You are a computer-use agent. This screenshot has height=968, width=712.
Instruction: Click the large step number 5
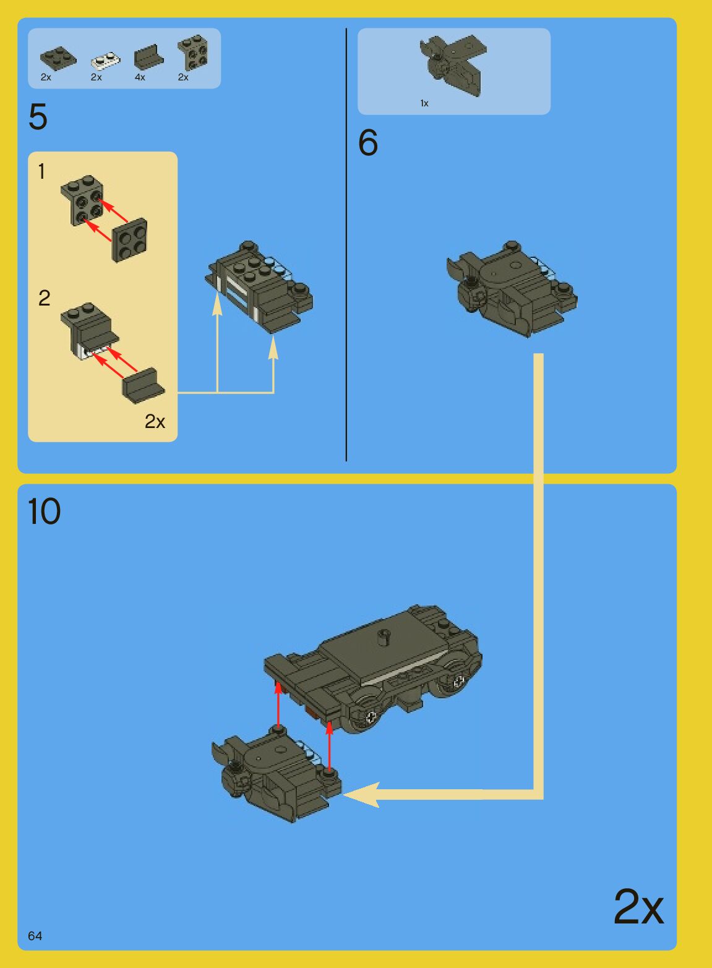pyautogui.click(x=38, y=117)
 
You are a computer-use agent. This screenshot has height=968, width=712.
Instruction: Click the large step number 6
pyautogui.click(x=368, y=142)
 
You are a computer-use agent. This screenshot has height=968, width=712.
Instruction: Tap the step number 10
pyautogui.click(x=44, y=511)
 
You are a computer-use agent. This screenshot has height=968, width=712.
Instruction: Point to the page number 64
pyautogui.click(x=35, y=936)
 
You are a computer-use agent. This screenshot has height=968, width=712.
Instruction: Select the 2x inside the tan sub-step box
pyautogui.click(x=155, y=421)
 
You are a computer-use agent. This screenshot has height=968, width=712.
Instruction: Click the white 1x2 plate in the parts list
pyautogui.click(x=106, y=61)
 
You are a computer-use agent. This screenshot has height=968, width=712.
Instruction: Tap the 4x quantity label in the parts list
pyautogui.click(x=140, y=77)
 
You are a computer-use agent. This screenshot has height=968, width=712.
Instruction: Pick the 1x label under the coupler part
pyautogui.click(x=424, y=103)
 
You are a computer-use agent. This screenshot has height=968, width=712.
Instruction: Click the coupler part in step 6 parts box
pyautogui.click(x=454, y=65)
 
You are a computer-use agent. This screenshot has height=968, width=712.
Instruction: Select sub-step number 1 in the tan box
pyautogui.click(x=41, y=171)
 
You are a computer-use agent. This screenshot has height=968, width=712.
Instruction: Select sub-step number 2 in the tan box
pyautogui.click(x=44, y=298)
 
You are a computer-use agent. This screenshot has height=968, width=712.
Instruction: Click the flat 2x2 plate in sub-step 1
pyautogui.click(x=129, y=240)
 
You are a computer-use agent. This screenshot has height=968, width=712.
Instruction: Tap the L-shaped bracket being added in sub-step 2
pyautogui.click(x=144, y=385)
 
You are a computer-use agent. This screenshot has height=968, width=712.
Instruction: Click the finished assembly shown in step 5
pyautogui.click(x=259, y=287)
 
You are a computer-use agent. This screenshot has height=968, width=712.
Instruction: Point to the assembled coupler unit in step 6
pyautogui.click(x=512, y=289)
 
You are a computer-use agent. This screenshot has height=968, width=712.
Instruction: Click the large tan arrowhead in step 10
pyautogui.click(x=361, y=795)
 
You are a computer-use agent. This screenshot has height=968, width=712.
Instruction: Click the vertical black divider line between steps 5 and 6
pyautogui.click(x=346, y=244)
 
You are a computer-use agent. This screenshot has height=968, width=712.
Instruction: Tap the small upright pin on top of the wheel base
pyautogui.click(x=384, y=637)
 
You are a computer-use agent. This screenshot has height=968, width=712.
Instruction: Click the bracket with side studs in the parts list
pyautogui.click(x=193, y=53)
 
